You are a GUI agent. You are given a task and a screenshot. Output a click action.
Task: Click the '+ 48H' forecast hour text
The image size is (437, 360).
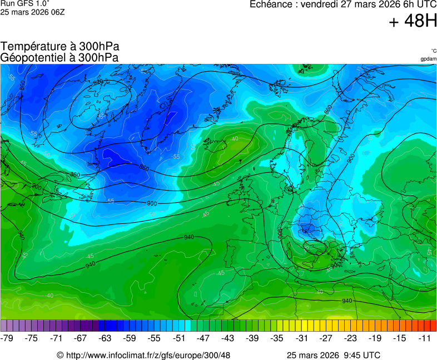pos(413,21)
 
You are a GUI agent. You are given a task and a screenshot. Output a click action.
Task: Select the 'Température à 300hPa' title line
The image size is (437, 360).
pos(60,47)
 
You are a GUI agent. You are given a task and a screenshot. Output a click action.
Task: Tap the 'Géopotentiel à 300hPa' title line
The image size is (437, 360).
pos(59,57)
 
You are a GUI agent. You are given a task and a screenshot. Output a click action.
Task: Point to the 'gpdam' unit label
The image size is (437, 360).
pos(428,58)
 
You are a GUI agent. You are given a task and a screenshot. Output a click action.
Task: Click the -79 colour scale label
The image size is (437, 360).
pos(7,338)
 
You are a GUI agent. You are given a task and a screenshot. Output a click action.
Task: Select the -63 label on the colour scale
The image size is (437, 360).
pos(105,338)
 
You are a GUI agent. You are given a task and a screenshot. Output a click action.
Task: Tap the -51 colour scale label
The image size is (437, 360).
pos(179,338)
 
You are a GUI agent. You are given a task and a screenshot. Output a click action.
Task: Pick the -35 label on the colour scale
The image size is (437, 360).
pos(277,338)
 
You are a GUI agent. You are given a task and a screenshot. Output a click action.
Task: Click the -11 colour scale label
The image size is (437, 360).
pos(424,338)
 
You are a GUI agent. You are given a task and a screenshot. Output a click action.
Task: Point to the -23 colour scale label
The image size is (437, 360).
pos(350,338)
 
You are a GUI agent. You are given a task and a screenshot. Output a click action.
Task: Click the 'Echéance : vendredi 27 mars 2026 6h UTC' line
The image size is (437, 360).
pos(343,4)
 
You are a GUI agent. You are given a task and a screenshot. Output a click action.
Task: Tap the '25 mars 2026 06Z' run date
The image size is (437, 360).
pos(32,12)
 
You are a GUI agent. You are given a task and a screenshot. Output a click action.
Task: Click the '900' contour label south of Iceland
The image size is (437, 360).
pos(151,204)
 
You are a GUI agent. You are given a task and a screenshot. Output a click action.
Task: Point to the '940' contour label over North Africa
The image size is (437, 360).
pos(347,301)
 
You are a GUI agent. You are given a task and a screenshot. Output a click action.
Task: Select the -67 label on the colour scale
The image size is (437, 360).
pos(81,338)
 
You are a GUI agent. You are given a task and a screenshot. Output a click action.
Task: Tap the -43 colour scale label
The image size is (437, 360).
pos(228,338)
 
